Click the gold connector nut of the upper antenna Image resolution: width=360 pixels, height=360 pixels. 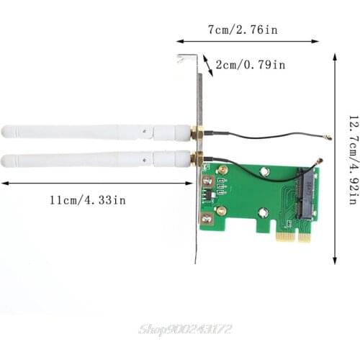pos(195,134)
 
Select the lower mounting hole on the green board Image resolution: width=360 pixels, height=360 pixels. pos(263,212)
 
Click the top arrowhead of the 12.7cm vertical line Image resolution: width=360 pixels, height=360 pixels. pos(335,55)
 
